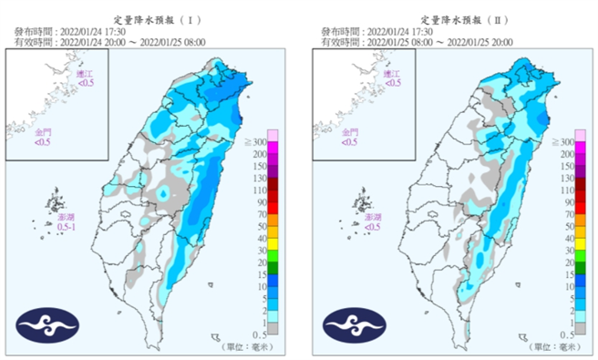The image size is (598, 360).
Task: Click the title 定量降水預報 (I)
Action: [151, 18]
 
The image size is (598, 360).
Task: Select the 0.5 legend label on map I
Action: [260, 335]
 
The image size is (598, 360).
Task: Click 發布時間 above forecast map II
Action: [341, 30]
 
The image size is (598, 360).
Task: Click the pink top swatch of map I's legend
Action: [273, 135]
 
